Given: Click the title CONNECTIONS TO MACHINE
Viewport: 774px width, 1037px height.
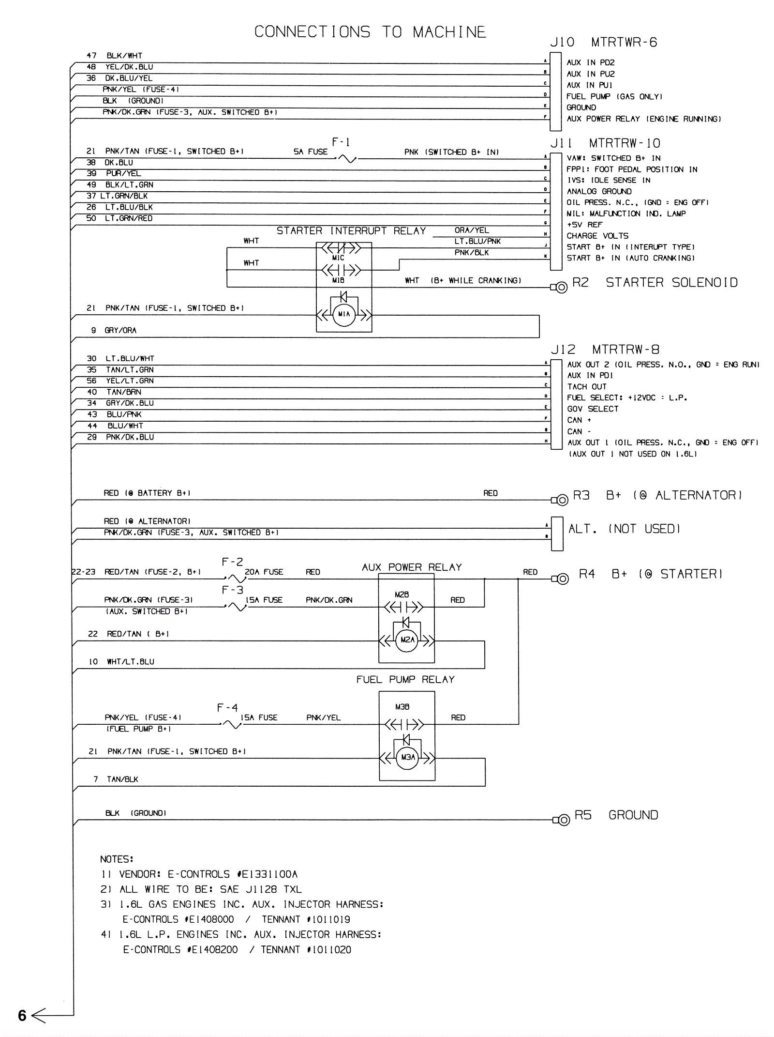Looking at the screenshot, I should tap(370, 32).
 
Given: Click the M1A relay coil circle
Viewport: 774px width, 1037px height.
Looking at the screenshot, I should tap(344, 314).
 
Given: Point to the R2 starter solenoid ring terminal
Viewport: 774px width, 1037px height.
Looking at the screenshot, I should tap(561, 288).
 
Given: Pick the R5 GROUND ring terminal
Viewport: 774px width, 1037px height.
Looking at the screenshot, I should tap(564, 820).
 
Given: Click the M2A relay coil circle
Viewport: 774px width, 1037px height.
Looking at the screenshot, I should tap(407, 640).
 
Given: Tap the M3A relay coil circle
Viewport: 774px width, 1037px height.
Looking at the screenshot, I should tap(408, 758).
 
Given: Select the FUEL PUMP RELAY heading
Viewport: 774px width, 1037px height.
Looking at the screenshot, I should tap(405, 680).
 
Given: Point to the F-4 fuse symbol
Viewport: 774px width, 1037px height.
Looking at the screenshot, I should tap(231, 725).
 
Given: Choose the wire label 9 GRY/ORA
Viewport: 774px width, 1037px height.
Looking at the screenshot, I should tap(114, 331).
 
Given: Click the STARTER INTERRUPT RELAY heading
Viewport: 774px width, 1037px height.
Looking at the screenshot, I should tap(351, 231).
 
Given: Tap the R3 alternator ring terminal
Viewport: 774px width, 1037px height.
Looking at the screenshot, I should tap(562, 500).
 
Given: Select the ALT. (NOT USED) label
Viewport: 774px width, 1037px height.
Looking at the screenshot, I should tap(624, 529).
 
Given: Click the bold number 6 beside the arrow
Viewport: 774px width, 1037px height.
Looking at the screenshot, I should tap(22, 1015).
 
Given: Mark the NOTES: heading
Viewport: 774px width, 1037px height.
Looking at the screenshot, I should tap(117, 859).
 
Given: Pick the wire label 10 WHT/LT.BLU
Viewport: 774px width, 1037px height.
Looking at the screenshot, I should tap(121, 662).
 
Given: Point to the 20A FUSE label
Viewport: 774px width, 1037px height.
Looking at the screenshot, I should tap(264, 572).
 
